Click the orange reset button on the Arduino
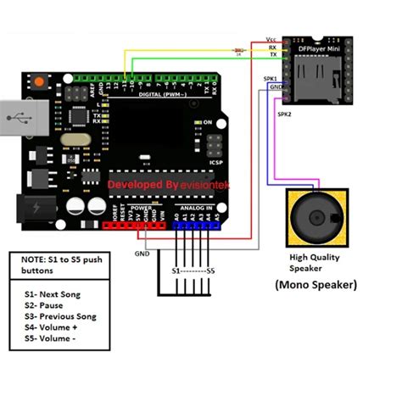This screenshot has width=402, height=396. click(x=36, y=82)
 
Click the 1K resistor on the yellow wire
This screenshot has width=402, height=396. click(x=239, y=52)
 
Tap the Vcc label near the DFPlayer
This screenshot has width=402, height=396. click(x=271, y=40)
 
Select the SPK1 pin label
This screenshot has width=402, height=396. click(x=271, y=77)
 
